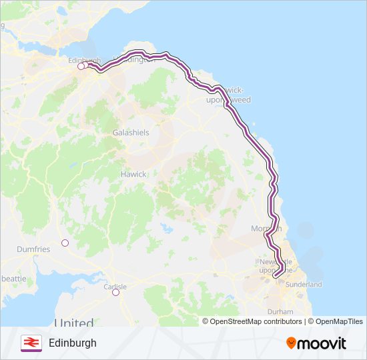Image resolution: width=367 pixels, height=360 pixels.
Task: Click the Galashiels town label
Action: click(131, 133)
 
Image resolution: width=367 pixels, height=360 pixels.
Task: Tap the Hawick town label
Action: click(133, 174)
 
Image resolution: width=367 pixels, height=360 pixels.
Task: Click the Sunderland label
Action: click(304, 285)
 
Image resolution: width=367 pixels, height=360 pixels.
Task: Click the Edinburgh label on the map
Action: click(83, 60)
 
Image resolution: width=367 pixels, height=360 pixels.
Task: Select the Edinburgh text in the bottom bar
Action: click(73, 343)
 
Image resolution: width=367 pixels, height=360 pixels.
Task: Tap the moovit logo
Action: click(316, 343)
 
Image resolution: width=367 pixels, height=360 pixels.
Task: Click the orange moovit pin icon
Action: click(292, 343)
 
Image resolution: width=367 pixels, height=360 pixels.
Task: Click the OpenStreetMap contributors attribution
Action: click(252, 321)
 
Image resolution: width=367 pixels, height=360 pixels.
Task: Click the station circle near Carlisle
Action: click(115, 292)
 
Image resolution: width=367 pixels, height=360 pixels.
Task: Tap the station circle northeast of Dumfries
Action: click(65, 243)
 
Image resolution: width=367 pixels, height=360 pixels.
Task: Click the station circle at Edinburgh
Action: click(81, 66)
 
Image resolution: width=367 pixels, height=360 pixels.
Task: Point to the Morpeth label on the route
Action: click(267, 229)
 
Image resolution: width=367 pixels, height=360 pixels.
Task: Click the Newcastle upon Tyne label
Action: click(276, 265)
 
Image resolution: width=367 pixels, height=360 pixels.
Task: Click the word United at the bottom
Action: click(74, 323)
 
